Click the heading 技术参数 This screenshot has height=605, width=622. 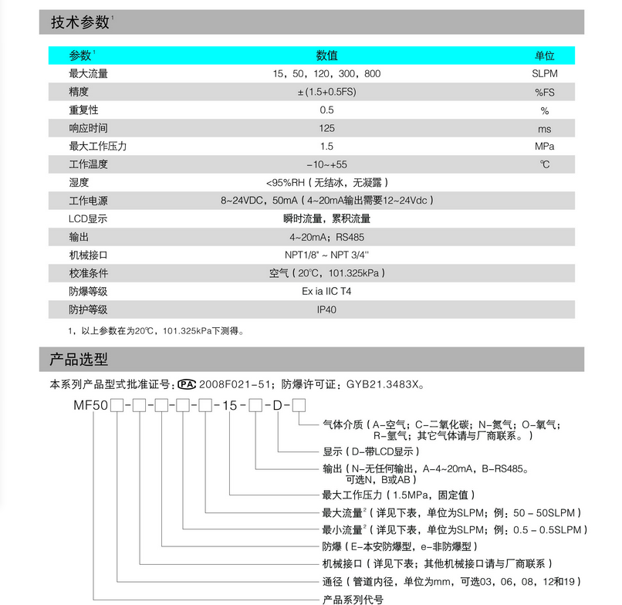click(x=80, y=22)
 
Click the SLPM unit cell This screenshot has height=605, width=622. click(x=544, y=74)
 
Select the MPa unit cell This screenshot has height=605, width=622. click(x=544, y=147)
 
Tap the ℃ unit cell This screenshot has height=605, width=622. click(x=544, y=164)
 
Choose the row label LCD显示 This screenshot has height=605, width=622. click(x=88, y=219)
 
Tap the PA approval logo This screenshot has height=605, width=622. click(x=188, y=384)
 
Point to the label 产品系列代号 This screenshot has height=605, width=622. click(x=352, y=599)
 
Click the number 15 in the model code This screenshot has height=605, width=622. click(x=234, y=405)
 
